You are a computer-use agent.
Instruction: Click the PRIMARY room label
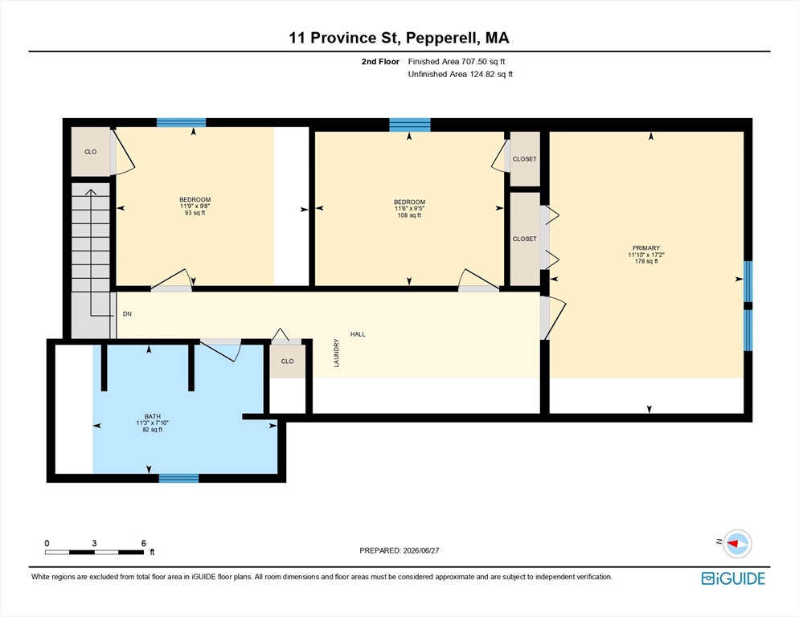tap(646, 248)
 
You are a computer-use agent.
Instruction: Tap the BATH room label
tap(153, 416)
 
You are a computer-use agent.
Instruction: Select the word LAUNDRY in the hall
tap(336, 353)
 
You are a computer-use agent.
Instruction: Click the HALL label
tap(358, 334)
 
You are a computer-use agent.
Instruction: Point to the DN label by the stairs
tap(127, 314)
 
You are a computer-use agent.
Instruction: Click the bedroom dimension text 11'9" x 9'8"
tap(195, 206)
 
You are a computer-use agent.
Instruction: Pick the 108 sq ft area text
tap(409, 215)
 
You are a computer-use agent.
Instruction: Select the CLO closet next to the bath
tap(288, 362)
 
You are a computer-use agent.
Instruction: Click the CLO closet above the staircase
tap(91, 152)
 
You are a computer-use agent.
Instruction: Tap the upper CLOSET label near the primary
tap(525, 159)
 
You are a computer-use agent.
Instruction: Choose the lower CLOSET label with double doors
tap(525, 239)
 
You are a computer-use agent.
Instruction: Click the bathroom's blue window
tap(179, 478)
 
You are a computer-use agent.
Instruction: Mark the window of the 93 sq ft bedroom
tap(182, 122)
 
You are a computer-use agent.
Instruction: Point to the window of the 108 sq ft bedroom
tap(410, 125)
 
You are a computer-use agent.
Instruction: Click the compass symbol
tap(737, 544)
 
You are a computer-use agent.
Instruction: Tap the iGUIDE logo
tap(733, 578)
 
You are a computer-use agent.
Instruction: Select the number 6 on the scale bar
tap(144, 543)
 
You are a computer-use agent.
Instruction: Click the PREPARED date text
tap(399, 550)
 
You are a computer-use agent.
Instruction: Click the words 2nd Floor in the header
tap(380, 62)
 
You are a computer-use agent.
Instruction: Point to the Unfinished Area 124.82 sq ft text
tap(460, 75)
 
